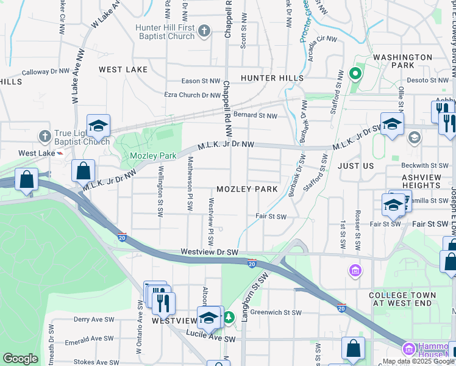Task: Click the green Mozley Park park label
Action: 152,156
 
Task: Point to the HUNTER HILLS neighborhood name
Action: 272,78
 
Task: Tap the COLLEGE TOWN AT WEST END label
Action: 403,299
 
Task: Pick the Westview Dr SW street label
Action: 209,252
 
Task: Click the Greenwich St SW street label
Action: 276,312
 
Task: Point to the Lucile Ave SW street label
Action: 212,339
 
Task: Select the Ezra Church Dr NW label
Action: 192,95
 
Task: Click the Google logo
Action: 20,359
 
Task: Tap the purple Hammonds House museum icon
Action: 407,349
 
